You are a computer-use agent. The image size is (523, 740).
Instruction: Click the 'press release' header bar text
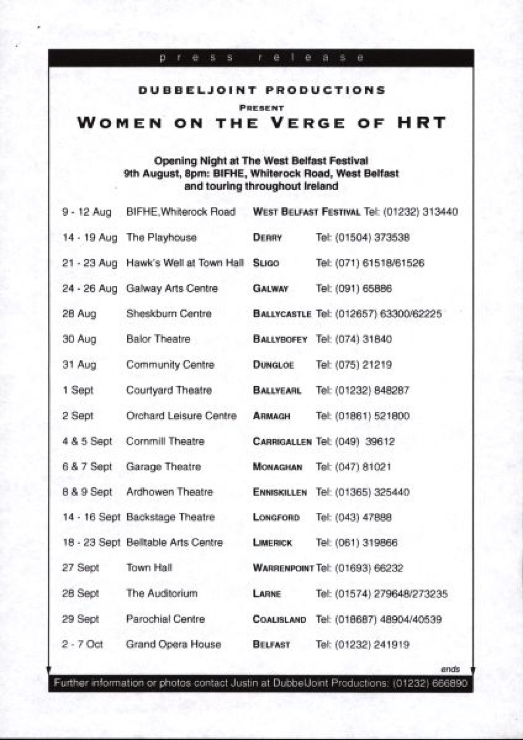261,58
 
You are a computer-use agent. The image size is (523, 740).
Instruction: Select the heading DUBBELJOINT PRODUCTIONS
261,90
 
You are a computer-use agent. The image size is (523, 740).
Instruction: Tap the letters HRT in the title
421,122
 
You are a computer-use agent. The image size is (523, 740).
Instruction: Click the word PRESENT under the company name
261,108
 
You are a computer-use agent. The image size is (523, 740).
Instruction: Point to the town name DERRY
267,238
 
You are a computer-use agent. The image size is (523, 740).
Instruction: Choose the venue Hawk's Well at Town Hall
185,263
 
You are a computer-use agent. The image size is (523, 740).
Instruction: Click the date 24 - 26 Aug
90,289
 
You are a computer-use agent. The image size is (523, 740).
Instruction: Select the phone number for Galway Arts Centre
354,289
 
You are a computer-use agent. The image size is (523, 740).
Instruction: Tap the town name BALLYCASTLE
282,314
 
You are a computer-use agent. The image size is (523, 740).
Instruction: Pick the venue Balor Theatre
158,339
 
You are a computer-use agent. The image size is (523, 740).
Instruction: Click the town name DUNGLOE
273,365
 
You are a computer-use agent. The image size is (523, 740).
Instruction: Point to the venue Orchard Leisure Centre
181,416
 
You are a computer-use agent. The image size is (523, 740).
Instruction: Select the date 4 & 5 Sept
87,441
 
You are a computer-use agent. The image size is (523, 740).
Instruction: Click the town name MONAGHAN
277,467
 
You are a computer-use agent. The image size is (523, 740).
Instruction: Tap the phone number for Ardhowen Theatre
363,492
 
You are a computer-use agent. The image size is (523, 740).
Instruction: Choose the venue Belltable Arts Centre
174,543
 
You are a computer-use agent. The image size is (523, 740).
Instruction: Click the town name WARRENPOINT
283,568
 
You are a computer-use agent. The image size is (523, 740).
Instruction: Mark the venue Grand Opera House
173,644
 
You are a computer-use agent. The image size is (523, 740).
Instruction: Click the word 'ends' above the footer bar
450,669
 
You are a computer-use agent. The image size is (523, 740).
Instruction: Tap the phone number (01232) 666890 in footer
430,683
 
